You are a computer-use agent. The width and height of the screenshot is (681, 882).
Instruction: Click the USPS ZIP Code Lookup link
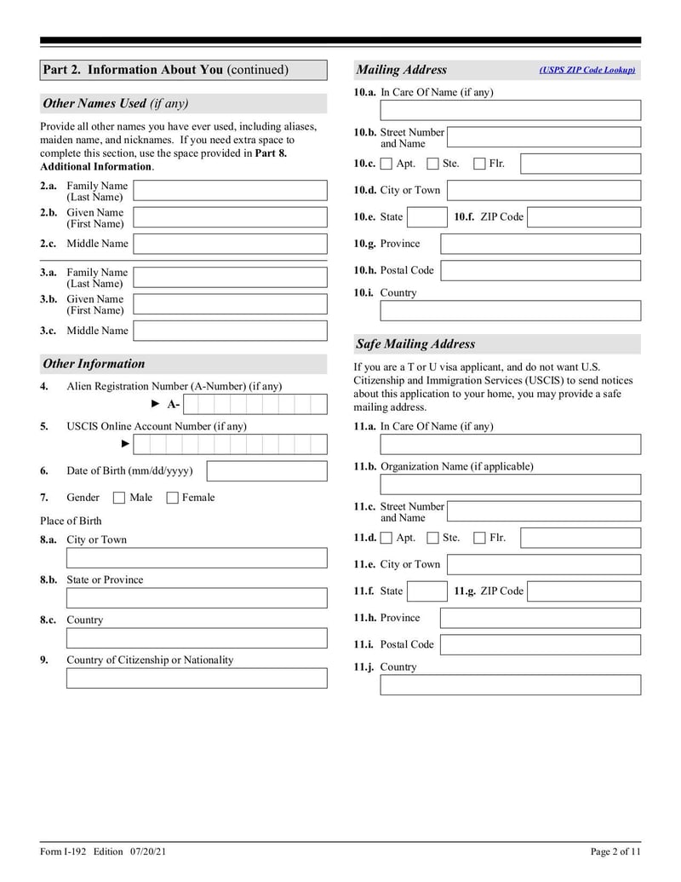(x=587, y=71)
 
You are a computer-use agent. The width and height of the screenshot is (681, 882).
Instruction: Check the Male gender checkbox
(x=119, y=498)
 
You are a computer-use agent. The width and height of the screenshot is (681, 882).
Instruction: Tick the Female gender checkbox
(x=172, y=498)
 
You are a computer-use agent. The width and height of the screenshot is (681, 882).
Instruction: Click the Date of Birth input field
(x=266, y=471)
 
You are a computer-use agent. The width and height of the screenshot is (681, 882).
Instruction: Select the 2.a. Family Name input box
(x=230, y=191)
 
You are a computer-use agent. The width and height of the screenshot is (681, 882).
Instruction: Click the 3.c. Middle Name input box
(x=230, y=331)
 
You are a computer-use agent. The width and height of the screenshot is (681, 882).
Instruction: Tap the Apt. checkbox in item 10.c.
(x=386, y=164)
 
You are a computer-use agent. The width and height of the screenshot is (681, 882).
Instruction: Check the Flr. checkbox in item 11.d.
(x=479, y=538)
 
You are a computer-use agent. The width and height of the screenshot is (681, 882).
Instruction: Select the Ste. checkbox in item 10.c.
(x=432, y=164)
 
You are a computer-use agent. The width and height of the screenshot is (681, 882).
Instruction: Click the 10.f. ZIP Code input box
(x=583, y=217)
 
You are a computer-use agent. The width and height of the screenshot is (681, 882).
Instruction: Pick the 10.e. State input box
(x=426, y=217)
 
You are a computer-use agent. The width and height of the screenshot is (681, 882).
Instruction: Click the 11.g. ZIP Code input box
(x=583, y=591)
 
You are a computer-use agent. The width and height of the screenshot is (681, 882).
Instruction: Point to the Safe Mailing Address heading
(x=416, y=344)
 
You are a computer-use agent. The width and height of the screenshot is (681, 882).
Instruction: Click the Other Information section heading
(x=94, y=364)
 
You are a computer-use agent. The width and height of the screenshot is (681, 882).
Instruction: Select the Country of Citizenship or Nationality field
(x=196, y=678)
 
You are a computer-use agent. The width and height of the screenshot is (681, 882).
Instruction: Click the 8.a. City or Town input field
(x=196, y=558)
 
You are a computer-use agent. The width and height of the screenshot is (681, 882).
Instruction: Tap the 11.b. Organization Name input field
(x=510, y=485)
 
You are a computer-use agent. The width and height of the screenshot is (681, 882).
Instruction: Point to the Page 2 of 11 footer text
(x=615, y=851)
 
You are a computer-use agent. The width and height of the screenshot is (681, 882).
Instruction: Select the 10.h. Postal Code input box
(x=540, y=271)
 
